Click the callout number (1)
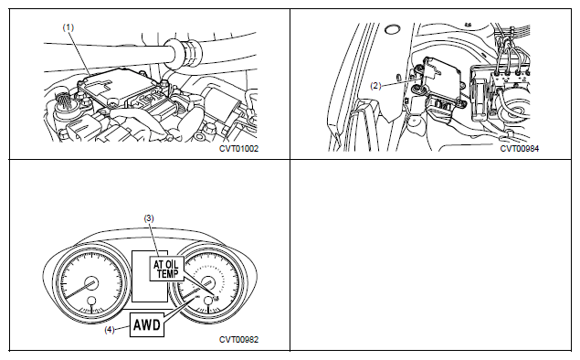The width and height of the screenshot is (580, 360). point(69,27)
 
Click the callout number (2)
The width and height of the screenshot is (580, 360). point(375,86)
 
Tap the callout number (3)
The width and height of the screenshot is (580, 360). point(149,218)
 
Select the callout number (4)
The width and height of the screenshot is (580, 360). point(109,330)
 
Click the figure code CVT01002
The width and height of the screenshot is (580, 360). point(239,149)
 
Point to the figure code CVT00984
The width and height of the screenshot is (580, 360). point(520,149)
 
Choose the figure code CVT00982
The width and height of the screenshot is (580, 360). point(239,340)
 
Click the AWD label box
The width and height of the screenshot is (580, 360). point(147,325)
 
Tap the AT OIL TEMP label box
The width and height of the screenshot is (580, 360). point(166,269)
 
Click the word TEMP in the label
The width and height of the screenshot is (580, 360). point(167,274)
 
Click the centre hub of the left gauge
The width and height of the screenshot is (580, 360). point(90,283)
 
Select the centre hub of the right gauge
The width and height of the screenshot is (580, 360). point(208,282)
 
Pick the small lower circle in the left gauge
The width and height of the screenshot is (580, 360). point(91,302)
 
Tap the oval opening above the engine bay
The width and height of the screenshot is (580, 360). point(393,29)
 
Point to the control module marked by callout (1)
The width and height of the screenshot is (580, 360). point(119,88)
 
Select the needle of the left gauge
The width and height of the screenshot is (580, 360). point(79,290)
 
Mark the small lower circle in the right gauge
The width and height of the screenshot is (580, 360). point(209,301)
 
